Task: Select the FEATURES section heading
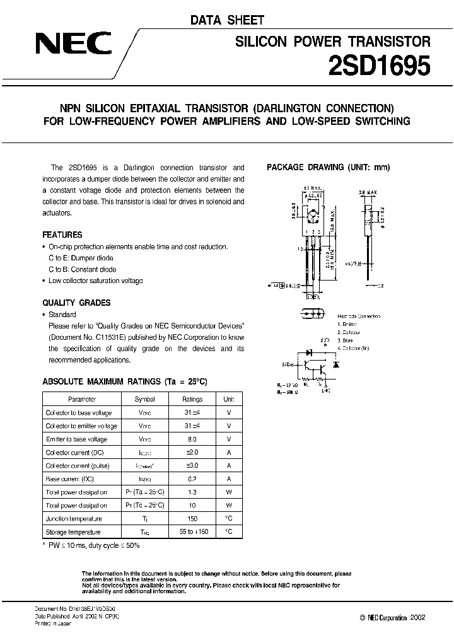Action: (62, 235)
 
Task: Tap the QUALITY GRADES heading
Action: (76, 303)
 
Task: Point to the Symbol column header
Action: (144, 399)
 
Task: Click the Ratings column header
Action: (192, 399)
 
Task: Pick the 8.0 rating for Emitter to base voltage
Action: (192, 439)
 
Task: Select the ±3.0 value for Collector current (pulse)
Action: (192, 465)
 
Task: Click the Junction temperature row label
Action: (73, 518)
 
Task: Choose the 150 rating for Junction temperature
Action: (192, 518)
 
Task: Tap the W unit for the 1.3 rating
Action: (229, 492)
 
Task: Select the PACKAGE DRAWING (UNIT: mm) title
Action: (329, 168)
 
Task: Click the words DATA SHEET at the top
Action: (227, 21)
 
